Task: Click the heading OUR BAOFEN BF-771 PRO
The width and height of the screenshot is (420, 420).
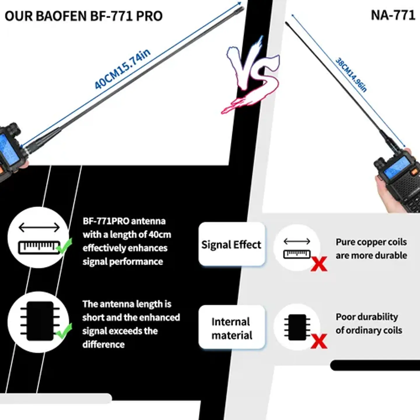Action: [83, 16]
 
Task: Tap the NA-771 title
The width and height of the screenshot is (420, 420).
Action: [393, 15]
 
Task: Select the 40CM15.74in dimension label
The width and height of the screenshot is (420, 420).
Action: [122, 69]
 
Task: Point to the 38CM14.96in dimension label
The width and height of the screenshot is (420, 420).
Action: [351, 75]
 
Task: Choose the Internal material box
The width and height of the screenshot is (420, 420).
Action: [232, 328]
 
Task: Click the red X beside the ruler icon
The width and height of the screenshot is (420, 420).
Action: [319, 264]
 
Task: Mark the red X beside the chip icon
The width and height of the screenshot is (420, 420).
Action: [319, 341]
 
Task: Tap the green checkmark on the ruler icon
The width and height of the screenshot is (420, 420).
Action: [64, 246]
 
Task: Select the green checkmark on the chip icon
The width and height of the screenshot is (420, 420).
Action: [64, 331]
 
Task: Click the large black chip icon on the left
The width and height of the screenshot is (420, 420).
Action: [40, 321]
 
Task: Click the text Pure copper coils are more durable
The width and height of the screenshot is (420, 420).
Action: [371, 249]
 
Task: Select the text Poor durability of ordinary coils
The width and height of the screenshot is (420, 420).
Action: [369, 323]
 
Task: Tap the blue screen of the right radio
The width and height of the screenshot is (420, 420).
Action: [396, 169]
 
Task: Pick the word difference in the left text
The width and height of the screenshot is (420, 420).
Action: [104, 344]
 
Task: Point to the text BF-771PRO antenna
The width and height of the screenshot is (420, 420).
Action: [124, 221]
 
